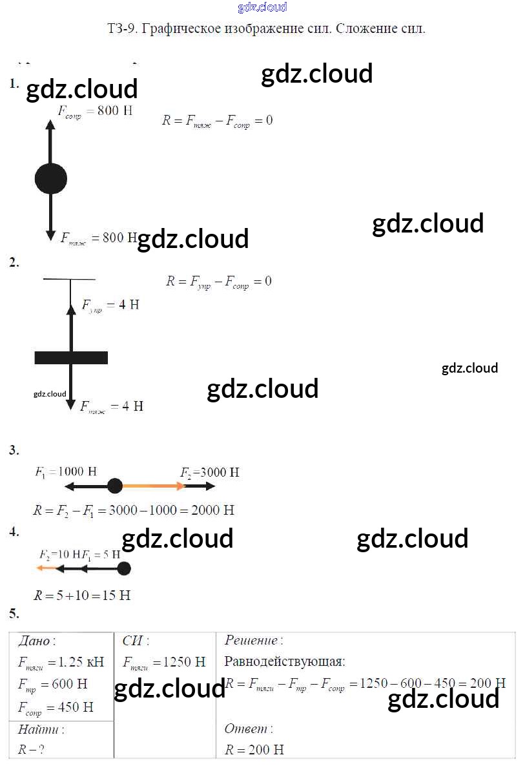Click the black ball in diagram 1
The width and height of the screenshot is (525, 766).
(x=50, y=178)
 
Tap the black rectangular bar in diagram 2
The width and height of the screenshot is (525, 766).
(x=71, y=358)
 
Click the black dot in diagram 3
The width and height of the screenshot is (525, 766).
(x=115, y=486)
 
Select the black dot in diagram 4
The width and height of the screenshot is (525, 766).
(x=123, y=568)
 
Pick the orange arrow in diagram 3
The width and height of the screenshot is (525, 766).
(x=152, y=486)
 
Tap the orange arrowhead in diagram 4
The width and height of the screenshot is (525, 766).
(x=40, y=568)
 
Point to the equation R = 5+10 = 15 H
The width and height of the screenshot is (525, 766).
(x=82, y=595)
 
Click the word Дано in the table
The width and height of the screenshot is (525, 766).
(x=35, y=641)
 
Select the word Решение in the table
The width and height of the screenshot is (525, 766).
(x=251, y=641)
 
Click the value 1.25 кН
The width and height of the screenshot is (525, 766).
(x=81, y=662)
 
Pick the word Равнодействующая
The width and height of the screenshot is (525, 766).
(x=284, y=662)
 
